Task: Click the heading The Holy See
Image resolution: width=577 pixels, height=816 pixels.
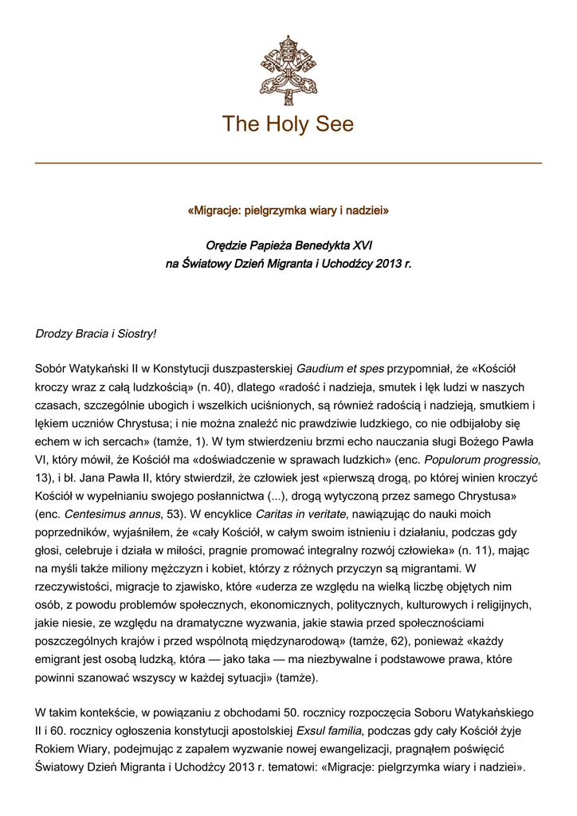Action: click(x=288, y=124)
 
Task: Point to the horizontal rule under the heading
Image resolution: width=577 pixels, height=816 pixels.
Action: click(x=288, y=163)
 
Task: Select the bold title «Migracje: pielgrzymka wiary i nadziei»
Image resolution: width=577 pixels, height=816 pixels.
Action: click(x=288, y=211)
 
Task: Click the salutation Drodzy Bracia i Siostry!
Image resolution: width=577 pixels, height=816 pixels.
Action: click(x=96, y=333)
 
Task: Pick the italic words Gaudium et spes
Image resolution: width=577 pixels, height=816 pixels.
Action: click(x=340, y=369)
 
